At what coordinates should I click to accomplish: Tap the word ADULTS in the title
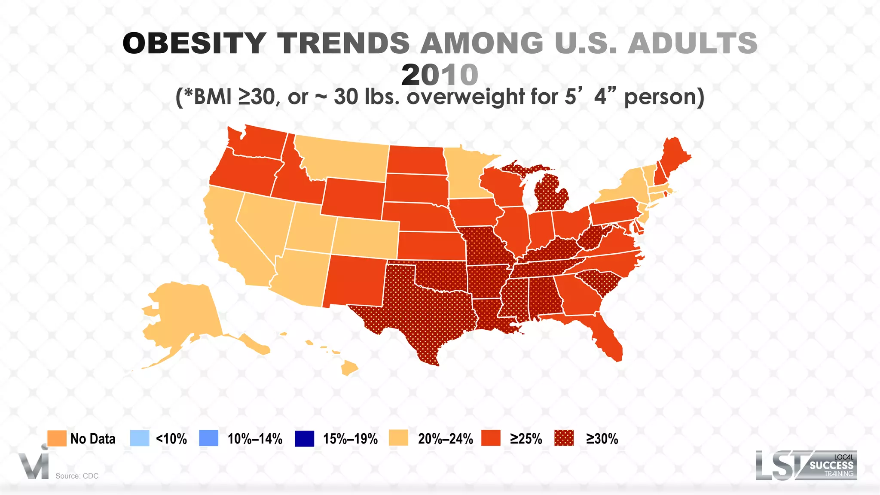692,43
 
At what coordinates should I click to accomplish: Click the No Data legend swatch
57,438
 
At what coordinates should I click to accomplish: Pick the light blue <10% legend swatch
139,438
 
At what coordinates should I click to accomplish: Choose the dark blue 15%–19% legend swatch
304,438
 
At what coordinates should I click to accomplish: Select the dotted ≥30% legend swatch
564,438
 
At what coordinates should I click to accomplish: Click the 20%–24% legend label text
445,439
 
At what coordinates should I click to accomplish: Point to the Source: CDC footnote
77,476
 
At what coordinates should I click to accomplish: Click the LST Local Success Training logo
806,465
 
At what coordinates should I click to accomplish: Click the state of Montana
344,159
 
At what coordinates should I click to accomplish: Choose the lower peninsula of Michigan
552,193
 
